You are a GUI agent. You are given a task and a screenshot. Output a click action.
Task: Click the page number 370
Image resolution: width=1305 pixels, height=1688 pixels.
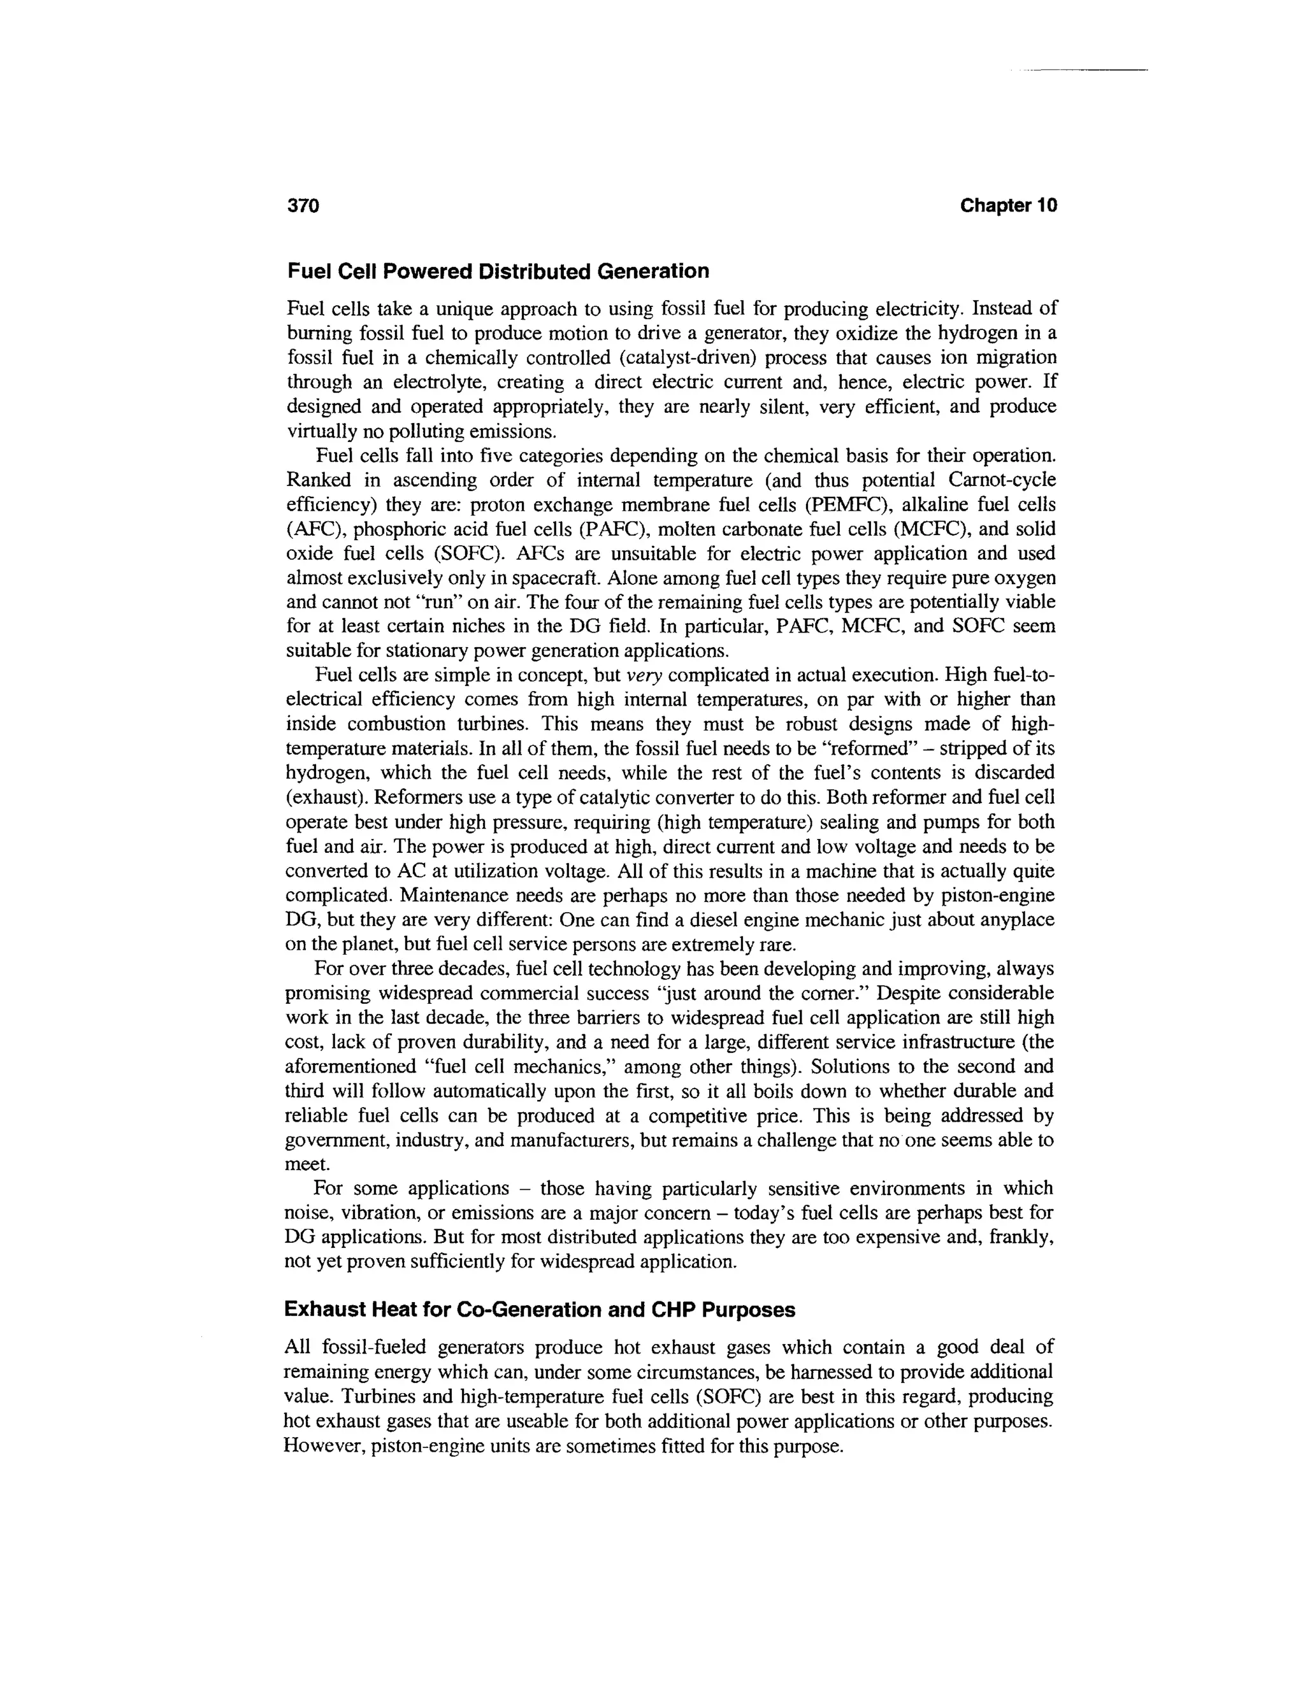tap(303, 206)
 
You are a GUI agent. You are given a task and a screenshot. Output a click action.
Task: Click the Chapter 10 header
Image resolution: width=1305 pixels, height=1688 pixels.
tap(1007, 206)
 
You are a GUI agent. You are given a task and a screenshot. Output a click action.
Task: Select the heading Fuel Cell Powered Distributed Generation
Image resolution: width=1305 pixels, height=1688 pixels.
tap(498, 271)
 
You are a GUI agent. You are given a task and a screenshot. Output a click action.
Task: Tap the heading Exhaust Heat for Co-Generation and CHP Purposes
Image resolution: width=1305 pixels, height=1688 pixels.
tap(540, 1309)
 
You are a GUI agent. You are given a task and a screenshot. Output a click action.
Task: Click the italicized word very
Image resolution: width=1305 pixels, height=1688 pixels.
tap(644, 675)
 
